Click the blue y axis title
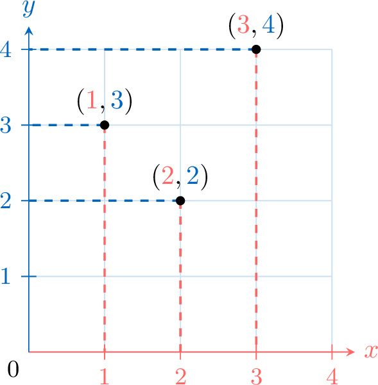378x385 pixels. tap(28, 9)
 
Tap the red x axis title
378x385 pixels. tap(371, 352)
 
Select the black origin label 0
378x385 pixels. tap(13, 370)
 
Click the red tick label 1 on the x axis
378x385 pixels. tap(105, 377)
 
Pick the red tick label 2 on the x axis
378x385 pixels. tap(180, 377)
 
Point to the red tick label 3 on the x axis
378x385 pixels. tap(256, 377)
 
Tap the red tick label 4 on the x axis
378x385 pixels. tap(332, 377)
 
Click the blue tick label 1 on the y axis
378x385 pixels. tap(6, 276)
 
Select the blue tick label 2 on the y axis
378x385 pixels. tap(6, 201)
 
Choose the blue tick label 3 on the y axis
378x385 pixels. tap(6, 125)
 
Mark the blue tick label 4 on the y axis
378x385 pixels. tap(6, 49)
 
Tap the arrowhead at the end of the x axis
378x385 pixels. tap(351, 352)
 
